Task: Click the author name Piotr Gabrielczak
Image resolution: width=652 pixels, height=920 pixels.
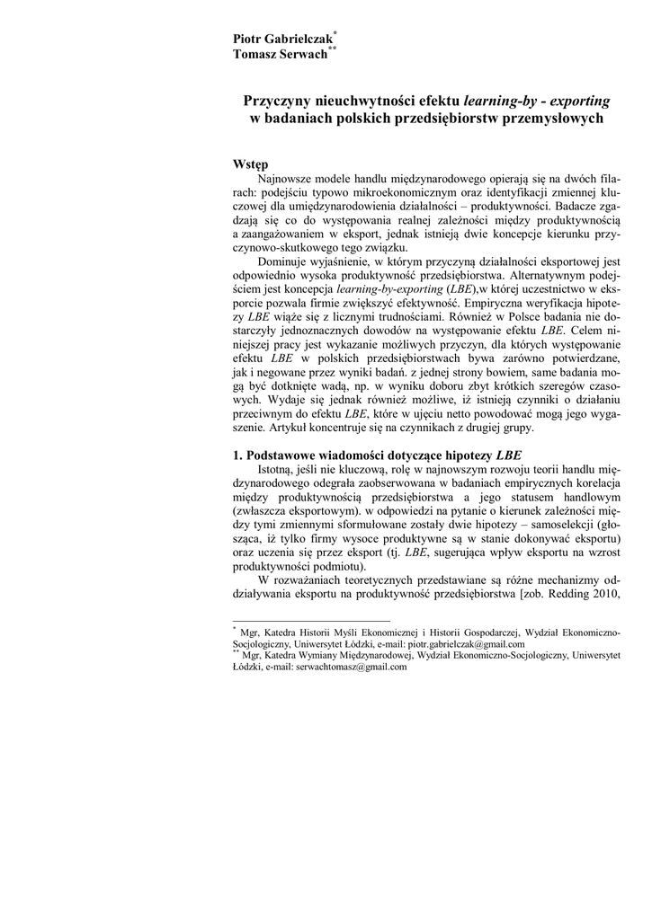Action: click(x=282, y=40)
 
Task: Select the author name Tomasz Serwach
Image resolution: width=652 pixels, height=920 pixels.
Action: click(x=280, y=54)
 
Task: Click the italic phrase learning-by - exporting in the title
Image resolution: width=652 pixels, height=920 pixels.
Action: click(x=537, y=101)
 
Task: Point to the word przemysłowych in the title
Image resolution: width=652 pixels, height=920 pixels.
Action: click(x=547, y=119)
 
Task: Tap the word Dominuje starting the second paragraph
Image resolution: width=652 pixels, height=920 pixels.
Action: click(x=284, y=261)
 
